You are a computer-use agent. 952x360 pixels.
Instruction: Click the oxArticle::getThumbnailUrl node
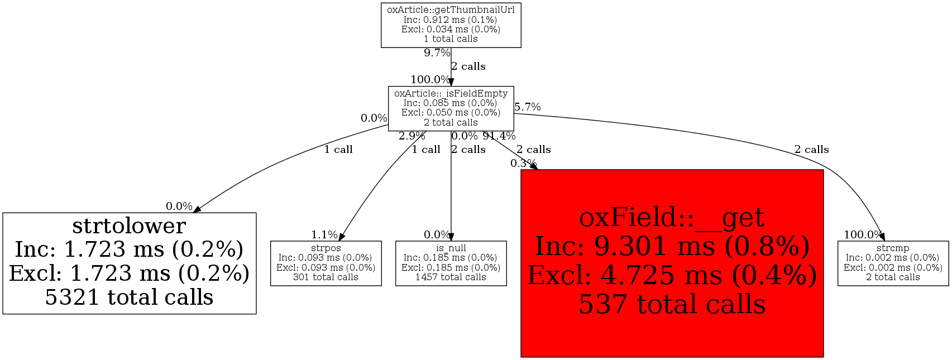coord(451,25)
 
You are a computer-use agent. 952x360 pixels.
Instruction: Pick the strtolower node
coord(129,263)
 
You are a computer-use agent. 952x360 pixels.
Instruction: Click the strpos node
coord(326,263)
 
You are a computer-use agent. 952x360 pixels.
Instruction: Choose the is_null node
coord(451,263)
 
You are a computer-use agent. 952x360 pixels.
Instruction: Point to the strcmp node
coord(893,263)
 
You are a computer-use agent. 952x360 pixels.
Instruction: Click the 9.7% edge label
coord(437,53)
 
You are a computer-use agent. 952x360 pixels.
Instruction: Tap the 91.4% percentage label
coord(499,136)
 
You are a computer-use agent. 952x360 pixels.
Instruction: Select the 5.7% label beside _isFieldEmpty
coord(528,107)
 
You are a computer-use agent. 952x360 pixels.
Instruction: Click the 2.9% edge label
coord(412,136)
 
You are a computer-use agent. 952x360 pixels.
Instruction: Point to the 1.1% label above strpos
coord(324,235)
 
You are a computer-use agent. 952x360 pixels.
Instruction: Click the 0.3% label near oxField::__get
coord(523,164)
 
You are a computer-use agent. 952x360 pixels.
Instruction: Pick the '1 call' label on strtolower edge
coord(338,150)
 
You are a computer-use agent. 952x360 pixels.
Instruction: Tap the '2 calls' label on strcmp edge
coord(811,150)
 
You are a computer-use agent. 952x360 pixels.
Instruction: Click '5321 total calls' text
coord(129,297)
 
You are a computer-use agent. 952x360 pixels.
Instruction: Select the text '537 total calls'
coord(672,305)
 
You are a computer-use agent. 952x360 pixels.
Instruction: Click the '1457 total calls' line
coord(451,277)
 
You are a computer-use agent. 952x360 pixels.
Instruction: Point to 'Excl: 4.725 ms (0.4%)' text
coord(672,275)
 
